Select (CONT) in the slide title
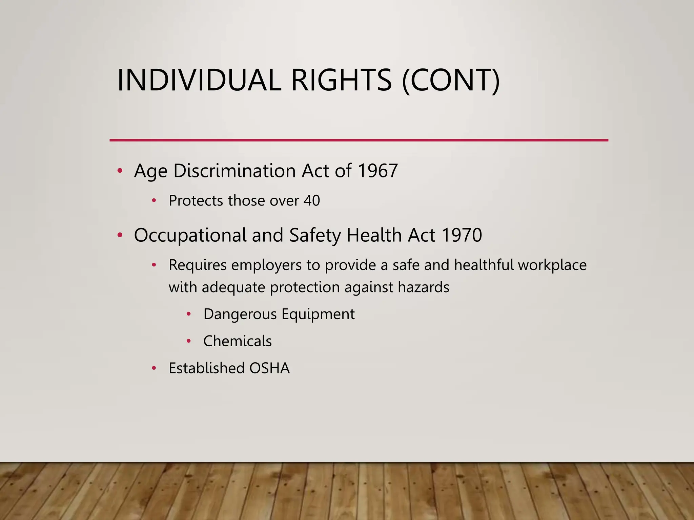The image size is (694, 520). (451, 81)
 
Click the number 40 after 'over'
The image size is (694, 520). (311, 200)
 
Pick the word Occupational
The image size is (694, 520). (190, 235)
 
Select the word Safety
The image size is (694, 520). (315, 235)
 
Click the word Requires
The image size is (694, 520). (198, 265)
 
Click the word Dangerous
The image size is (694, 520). (240, 314)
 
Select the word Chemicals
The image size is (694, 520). (237, 341)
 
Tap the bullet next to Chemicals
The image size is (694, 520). (189, 341)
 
